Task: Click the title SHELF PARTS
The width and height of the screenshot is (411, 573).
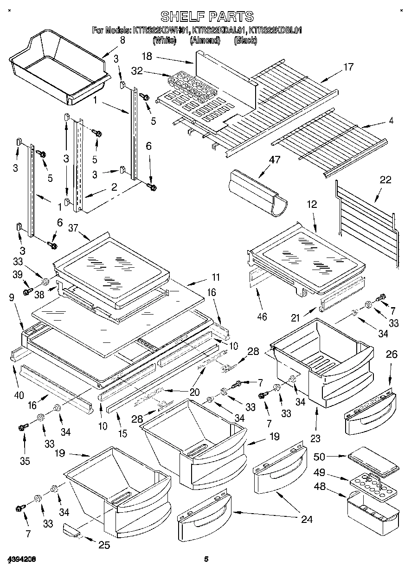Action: [206, 17]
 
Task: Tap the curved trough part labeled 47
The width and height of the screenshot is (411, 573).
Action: [257, 192]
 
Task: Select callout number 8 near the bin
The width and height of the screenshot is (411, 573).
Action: [122, 40]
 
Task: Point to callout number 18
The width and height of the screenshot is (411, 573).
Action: [147, 56]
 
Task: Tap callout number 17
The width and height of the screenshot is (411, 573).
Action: [348, 67]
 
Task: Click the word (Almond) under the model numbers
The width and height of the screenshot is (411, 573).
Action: [205, 40]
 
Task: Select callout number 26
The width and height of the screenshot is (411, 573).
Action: [392, 355]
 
